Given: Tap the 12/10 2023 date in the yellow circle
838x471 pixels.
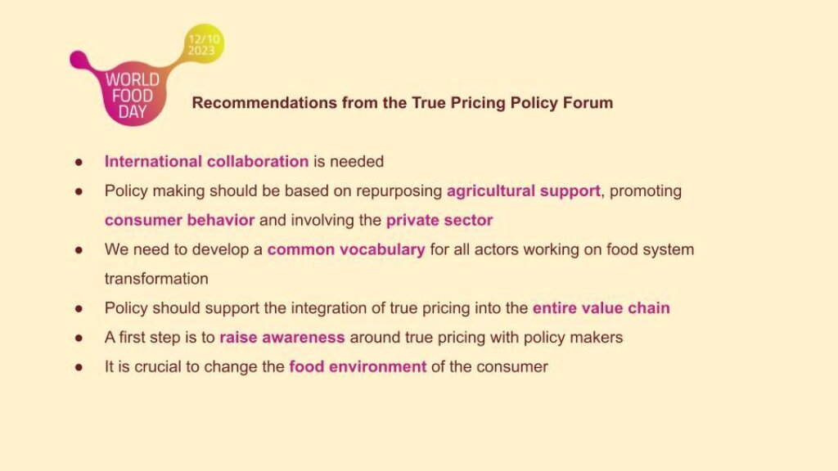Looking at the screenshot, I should coord(200,45).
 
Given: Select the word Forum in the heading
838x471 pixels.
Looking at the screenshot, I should coord(591,103).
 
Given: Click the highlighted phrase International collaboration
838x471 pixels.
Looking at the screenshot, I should coord(206,161).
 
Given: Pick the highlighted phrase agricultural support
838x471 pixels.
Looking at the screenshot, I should coord(523,191).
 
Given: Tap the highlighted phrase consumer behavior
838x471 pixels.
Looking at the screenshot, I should coord(179,220).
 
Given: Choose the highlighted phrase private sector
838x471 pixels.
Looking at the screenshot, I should coord(439,220).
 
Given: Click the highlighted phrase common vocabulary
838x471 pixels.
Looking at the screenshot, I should coord(346,249).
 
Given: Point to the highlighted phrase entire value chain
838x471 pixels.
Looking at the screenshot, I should coord(601,308).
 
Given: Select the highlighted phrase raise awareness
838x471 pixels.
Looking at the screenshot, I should coord(282,338).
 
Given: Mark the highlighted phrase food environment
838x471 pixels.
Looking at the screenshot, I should coord(358,366).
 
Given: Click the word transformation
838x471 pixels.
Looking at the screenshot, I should coord(156,279).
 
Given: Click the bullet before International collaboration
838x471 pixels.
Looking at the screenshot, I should coord(79,162).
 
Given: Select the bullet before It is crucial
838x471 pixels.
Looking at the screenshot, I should coord(79,367).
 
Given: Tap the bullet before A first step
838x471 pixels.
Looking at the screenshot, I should coord(79,338).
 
